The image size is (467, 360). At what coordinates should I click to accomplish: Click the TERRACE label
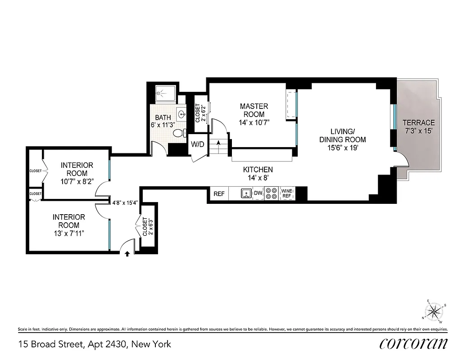(418, 122)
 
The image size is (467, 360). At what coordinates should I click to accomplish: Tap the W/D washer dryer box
(197, 145)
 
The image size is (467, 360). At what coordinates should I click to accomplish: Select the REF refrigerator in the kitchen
(219, 194)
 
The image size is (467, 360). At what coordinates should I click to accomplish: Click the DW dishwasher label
(258, 193)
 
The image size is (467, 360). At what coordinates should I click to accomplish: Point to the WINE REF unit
(287, 193)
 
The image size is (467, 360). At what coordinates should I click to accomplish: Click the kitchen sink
(246, 193)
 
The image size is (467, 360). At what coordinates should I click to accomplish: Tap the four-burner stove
(272, 193)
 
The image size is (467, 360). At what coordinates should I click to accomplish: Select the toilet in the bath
(180, 133)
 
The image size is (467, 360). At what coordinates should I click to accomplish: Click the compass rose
(435, 310)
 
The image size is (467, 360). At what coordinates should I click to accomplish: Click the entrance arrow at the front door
(127, 254)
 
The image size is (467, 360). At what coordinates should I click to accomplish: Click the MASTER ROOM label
(254, 110)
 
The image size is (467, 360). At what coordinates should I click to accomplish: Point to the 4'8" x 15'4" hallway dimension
(125, 202)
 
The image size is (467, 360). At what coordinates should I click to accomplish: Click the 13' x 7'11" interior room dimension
(68, 233)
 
